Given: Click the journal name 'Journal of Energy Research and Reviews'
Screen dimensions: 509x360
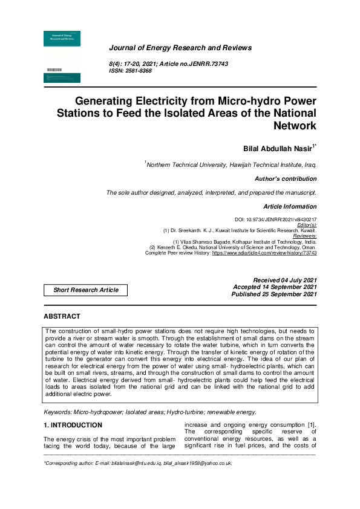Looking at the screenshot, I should click(180, 48).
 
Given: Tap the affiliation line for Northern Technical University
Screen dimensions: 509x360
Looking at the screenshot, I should click(231, 164).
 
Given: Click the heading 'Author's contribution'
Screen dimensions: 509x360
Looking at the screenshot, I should click(286, 179).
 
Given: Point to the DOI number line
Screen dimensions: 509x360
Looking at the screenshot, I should click(275, 219).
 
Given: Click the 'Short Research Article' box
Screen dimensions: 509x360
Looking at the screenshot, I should click(86, 290).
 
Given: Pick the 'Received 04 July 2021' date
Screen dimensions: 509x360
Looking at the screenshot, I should click(285, 280).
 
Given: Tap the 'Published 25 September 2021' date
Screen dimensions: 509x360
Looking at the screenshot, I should click(274, 294).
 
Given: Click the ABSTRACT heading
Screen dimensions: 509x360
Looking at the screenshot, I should click(62, 317).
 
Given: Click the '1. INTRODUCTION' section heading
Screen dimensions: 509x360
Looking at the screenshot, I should click(73, 426).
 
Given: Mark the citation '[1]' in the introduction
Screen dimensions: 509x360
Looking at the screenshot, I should click(310, 425).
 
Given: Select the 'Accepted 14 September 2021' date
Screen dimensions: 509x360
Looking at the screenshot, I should click(275, 287).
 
